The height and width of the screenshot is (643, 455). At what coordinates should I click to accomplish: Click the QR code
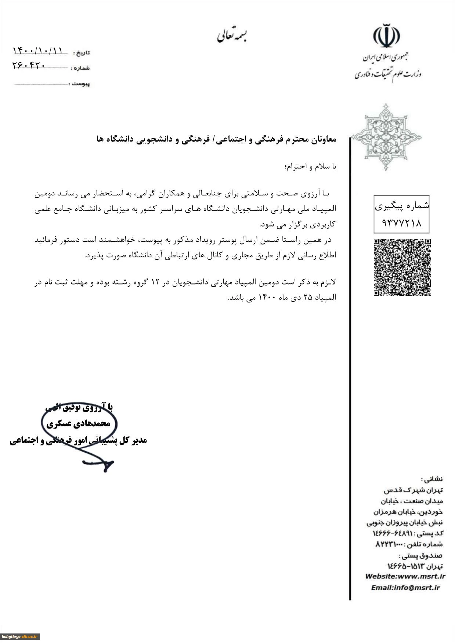[402, 267]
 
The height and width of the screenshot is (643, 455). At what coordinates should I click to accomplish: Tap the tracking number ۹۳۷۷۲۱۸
[401, 223]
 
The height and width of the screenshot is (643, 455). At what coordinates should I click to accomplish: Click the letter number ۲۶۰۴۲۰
[29, 65]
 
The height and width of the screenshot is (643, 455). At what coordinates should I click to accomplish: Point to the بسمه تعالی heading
[232, 36]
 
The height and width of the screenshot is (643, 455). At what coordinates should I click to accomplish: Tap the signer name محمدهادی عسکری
[78, 424]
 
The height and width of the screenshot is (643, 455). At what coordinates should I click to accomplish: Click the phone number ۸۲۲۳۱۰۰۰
[389, 544]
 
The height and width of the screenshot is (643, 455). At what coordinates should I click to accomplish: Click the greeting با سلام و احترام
[310, 167]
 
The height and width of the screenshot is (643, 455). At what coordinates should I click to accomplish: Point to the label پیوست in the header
[81, 84]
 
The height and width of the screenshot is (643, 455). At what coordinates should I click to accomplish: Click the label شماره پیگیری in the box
[402, 206]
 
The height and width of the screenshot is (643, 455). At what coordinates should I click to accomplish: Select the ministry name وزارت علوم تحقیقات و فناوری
[388, 74]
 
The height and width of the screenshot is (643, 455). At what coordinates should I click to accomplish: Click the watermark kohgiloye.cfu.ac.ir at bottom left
[20, 636]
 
